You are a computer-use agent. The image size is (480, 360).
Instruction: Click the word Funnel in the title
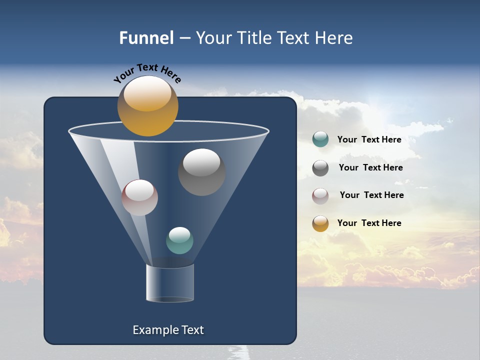click(146, 38)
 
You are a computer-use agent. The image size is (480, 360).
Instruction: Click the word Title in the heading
click(254, 38)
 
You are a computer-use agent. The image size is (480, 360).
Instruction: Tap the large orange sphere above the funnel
click(147, 106)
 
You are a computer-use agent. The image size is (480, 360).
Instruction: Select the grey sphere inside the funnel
click(201, 172)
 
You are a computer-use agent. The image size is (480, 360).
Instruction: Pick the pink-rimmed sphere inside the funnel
click(139, 197)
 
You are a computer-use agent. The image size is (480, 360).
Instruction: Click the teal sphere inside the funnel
click(179, 240)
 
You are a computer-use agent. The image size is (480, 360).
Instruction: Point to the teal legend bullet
click(320, 139)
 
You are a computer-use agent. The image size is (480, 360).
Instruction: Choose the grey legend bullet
click(320, 168)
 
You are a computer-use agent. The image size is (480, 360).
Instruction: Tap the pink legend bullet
click(320, 195)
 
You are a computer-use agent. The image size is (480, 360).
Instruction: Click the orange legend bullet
click(320, 223)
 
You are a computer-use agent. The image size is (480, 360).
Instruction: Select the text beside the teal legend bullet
click(369, 139)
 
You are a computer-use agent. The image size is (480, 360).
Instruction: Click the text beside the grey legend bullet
click(370, 167)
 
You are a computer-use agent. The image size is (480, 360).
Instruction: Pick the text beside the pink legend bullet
click(371, 195)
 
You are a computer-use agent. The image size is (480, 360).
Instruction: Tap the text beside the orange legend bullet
click(369, 223)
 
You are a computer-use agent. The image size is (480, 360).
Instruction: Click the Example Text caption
click(168, 330)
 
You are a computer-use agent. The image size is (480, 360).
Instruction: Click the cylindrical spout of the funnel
click(169, 283)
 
